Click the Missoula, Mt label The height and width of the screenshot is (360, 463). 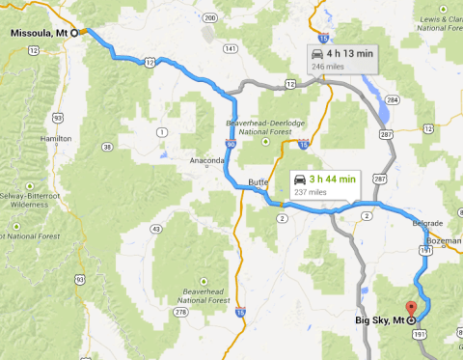point(38,33)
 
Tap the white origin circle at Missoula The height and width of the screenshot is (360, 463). point(74,32)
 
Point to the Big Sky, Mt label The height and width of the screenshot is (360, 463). point(380,320)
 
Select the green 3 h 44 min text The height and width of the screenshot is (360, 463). point(333,179)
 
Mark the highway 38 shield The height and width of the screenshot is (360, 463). point(108,148)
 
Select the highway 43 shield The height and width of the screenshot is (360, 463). point(157,229)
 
